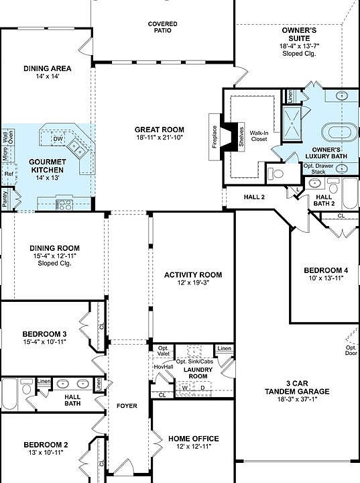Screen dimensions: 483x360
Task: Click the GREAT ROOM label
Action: point(159,129)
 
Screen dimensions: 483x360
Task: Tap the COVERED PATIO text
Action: point(162,28)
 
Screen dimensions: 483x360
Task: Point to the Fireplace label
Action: point(215,141)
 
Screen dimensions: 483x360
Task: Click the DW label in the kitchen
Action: point(58,139)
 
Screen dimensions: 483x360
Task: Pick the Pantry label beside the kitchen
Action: point(5,200)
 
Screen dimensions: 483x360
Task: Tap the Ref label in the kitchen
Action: point(9,174)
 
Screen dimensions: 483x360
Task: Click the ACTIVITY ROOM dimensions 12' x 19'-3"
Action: point(193,284)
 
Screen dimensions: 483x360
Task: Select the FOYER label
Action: point(127,406)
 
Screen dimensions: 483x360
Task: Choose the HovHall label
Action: point(164,367)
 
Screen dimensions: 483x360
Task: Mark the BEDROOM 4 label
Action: point(326,270)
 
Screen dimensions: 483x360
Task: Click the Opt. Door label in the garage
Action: point(351,351)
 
